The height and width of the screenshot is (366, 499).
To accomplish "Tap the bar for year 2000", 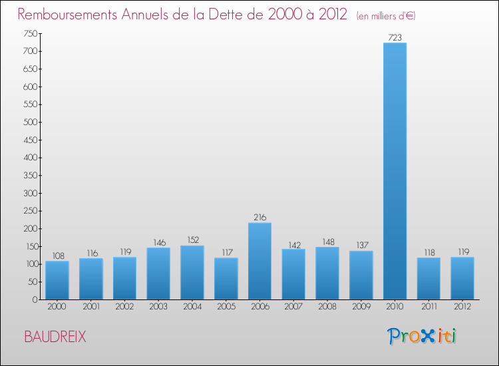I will point(57,280).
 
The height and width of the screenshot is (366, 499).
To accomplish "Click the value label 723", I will point(395,37).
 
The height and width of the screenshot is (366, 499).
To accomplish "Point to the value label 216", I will point(259,217).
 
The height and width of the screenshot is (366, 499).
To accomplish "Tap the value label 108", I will point(57,256).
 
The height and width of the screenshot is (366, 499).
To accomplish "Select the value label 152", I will point(192,240).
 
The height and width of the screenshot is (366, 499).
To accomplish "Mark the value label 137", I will point(361,246).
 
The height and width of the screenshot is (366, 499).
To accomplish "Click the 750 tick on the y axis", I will point(30,33).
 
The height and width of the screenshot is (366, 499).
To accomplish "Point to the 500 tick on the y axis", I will point(30,122).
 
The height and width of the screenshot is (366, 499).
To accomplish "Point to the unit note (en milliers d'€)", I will point(387,15).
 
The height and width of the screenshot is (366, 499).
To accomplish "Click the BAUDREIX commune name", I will point(55,337).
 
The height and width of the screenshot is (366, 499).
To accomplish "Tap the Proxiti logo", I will point(422,336).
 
